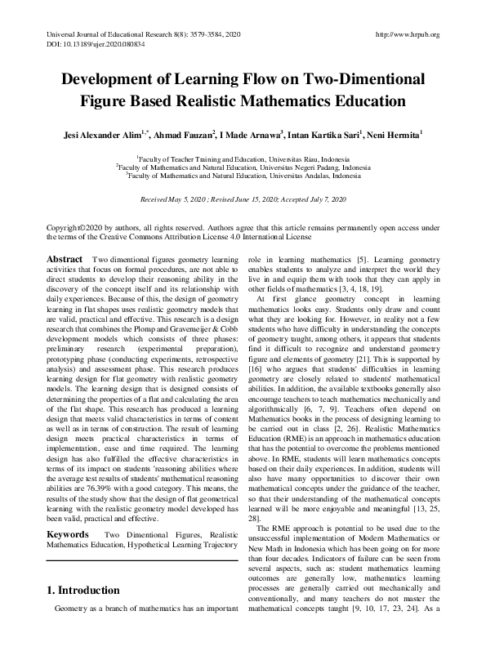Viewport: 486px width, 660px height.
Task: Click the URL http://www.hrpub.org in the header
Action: tap(406, 35)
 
